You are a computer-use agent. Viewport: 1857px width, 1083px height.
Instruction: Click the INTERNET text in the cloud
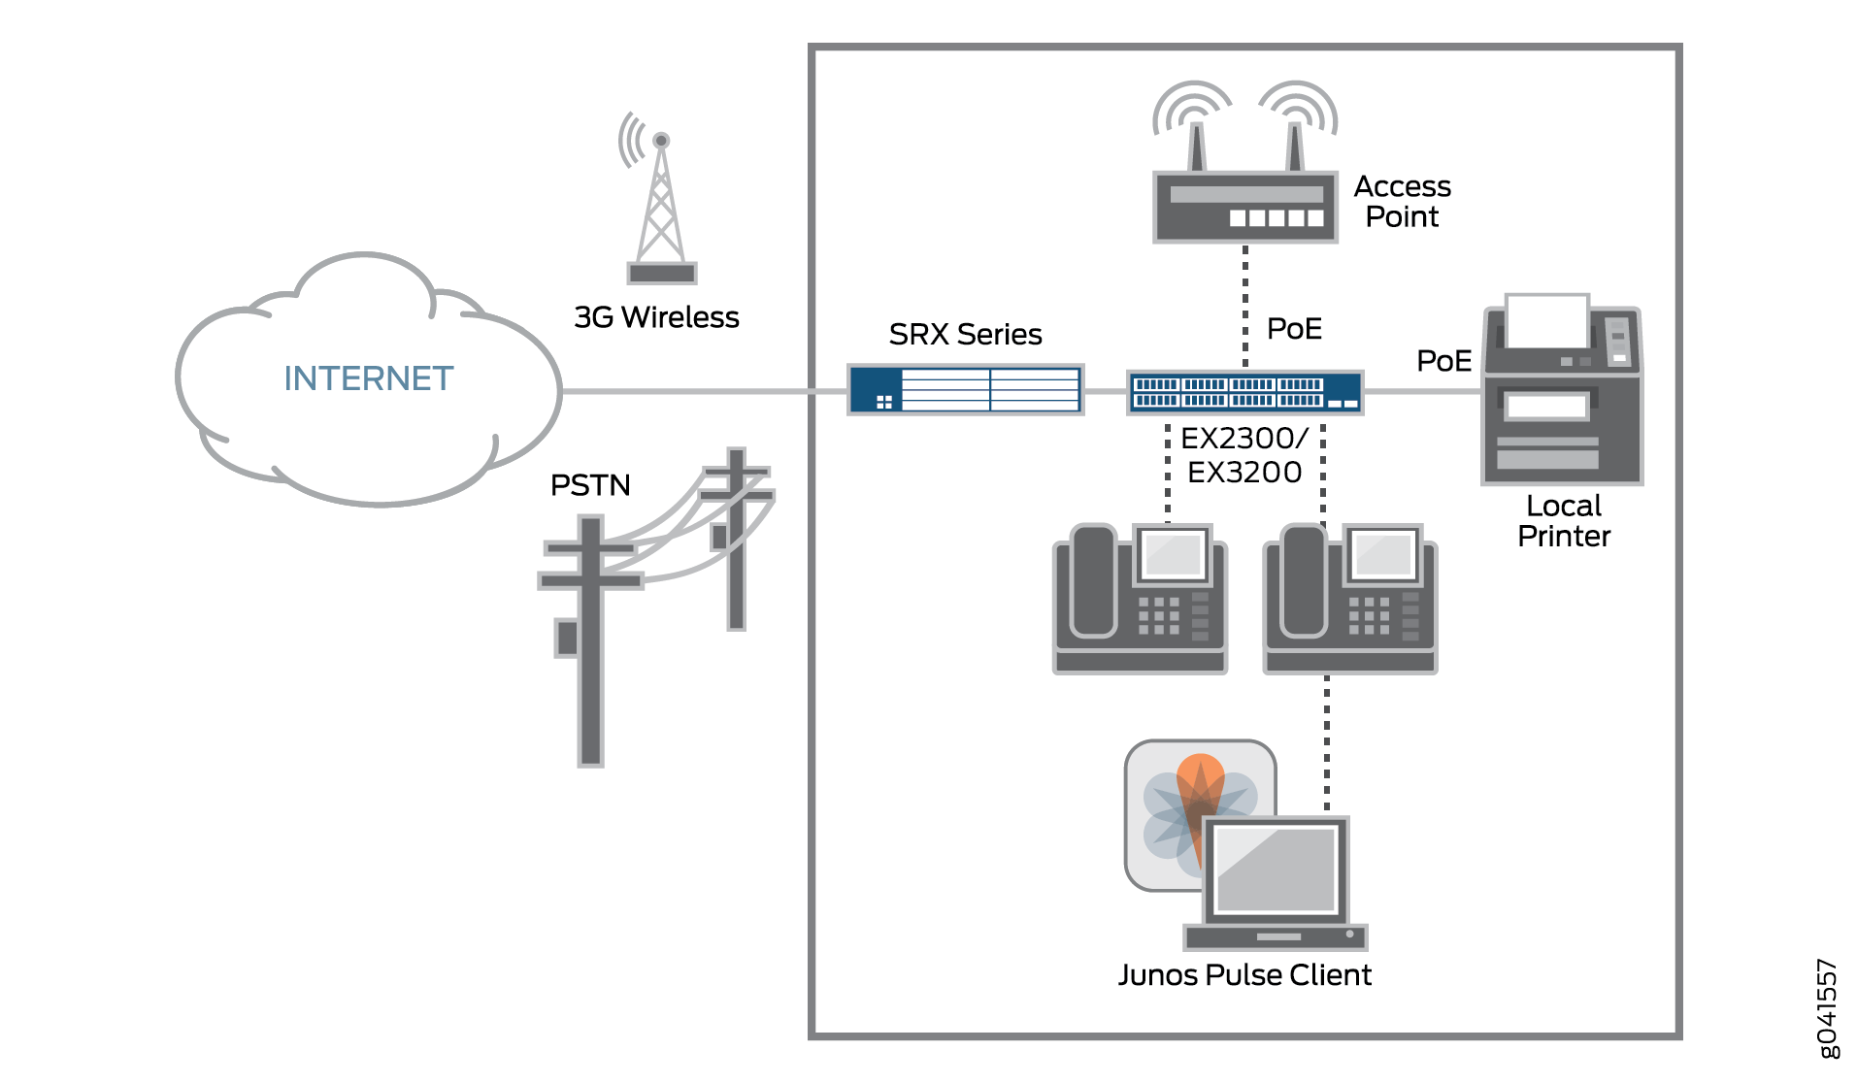pos(368,378)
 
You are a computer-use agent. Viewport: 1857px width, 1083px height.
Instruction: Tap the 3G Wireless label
pos(656,317)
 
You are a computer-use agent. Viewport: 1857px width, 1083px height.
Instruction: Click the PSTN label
pos(590,485)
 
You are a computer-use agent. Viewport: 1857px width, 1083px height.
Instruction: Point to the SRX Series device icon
pos(965,390)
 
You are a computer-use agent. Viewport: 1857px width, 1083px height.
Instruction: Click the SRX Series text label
pos(965,335)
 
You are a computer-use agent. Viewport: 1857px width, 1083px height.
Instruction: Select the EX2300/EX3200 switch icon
pos(1244,392)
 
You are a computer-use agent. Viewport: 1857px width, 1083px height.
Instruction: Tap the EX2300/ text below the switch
pos(1244,439)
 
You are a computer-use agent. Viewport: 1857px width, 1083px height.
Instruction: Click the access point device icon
pos(1244,194)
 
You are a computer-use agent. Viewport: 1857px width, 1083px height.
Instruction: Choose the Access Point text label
pos(1402,201)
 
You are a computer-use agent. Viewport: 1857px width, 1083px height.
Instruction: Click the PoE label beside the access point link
pos(1294,329)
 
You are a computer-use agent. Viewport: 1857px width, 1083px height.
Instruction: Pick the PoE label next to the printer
pos(1443,361)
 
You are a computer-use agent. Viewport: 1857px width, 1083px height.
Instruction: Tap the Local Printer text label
pos(1563,521)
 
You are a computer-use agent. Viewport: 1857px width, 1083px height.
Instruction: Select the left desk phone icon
pos(1140,599)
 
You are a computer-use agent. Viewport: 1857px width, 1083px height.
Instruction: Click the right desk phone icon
pos(1349,599)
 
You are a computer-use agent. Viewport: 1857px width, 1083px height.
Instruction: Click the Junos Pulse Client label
pos(1244,975)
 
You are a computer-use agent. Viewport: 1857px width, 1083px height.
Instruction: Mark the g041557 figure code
pos(1827,1009)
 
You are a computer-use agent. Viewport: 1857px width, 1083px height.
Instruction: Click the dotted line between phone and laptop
pos(1327,742)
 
